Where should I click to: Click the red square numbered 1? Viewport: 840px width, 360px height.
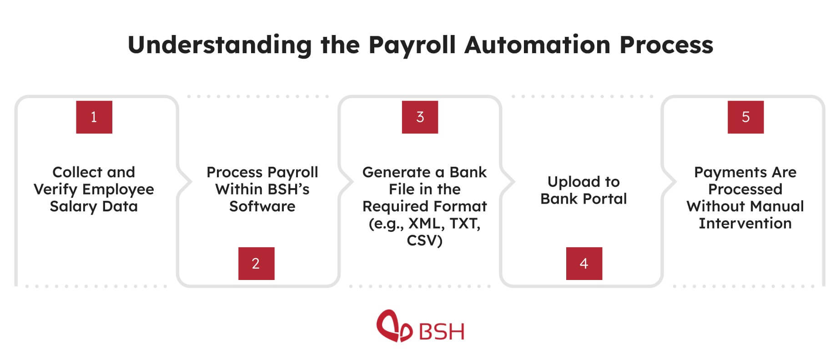[94, 117]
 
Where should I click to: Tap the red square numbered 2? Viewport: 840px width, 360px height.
[256, 264]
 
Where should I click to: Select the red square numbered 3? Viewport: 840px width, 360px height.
[420, 117]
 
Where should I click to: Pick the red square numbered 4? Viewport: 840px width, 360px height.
[584, 264]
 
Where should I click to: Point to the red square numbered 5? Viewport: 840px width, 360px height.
[745, 117]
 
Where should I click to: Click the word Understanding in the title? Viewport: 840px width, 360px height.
[219, 45]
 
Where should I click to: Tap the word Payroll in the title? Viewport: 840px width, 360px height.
[412, 45]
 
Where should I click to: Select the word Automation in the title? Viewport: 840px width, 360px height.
[537, 45]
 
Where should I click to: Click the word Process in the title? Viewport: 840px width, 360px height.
[666, 45]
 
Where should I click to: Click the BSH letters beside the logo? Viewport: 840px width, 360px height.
[441, 332]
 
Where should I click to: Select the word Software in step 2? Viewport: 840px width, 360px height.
[262, 206]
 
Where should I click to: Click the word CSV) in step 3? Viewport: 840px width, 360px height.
[424, 240]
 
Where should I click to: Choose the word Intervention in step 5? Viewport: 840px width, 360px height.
[745, 224]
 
